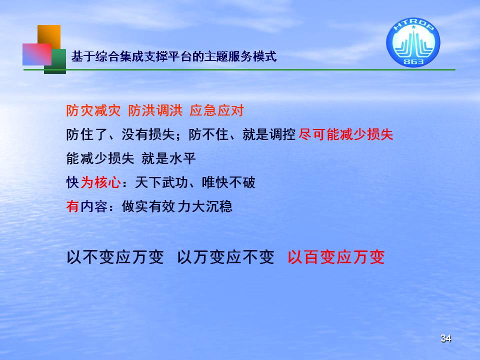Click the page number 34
point(445,338)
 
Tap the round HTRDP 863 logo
point(413,42)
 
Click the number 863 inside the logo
point(413,61)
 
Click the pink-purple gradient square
point(36,54)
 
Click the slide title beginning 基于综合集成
point(174,56)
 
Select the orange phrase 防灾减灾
point(93,110)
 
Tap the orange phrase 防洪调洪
point(155,110)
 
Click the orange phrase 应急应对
point(216,110)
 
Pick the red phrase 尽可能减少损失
point(345,134)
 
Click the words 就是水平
point(168,158)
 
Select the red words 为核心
point(100,182)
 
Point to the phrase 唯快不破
point(228,182)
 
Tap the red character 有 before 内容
point(72,206)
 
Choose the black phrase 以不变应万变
point(115,257)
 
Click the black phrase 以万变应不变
point(225,257)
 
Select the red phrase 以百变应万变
point(336,257)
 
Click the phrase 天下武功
point(161,182)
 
